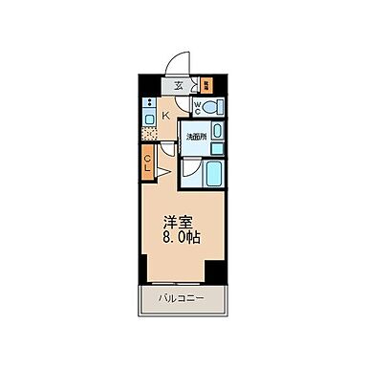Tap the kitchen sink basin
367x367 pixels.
(x=148, y=119)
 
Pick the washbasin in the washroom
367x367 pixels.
(x=217, y=131)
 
